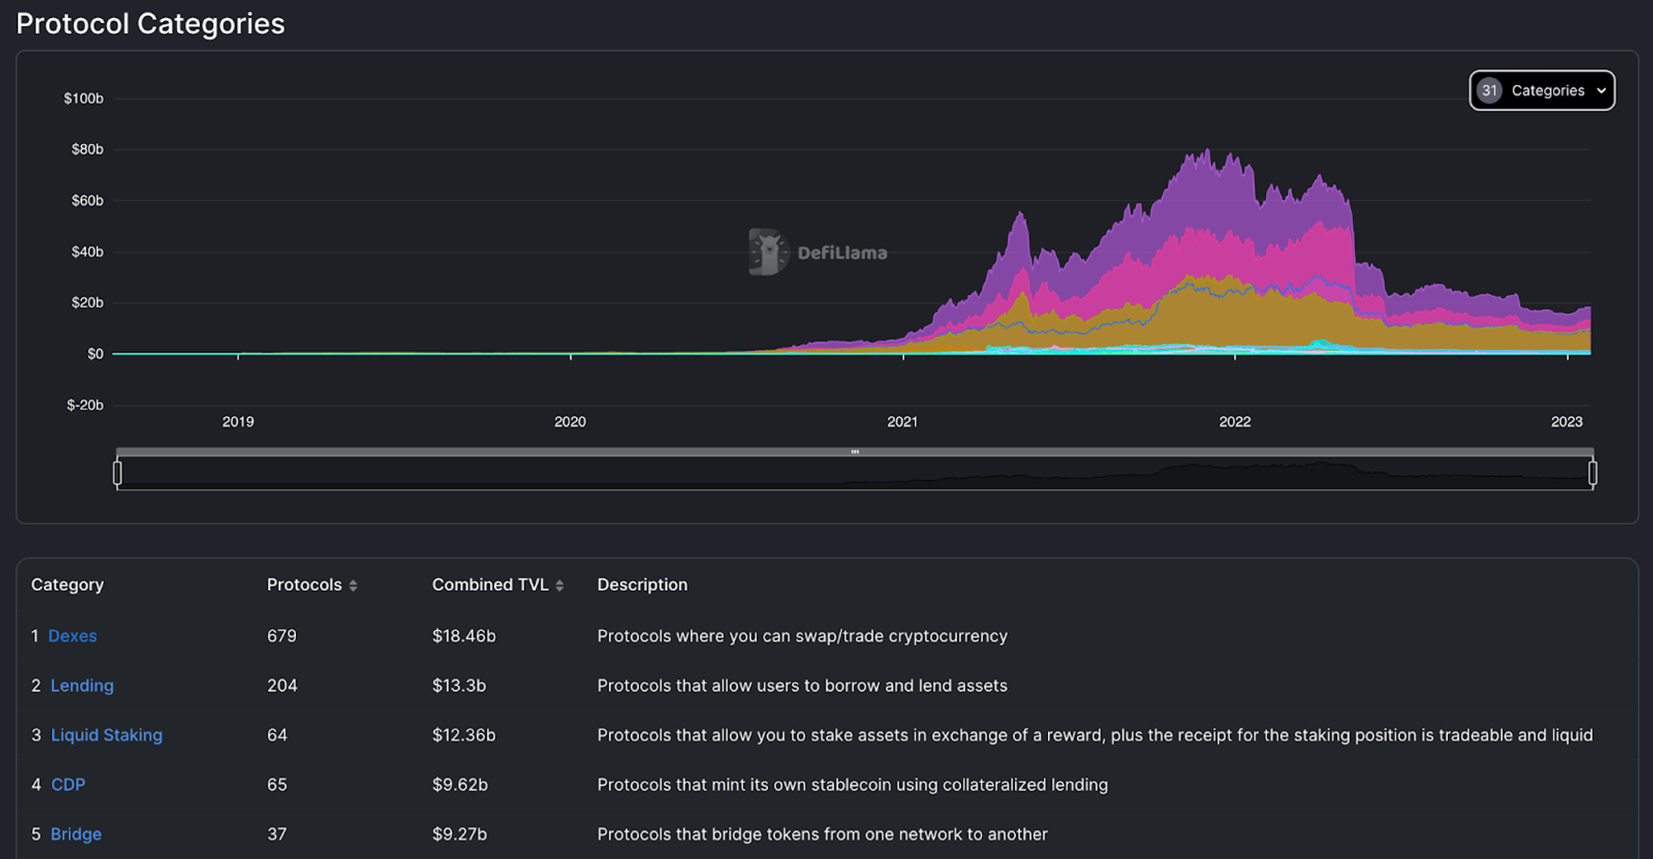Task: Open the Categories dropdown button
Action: [1541, 90]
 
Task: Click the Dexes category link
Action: [73, 636]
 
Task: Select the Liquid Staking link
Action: [107, 735]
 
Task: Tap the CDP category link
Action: [68, 785]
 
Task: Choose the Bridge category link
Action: [76, 834]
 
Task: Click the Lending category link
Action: [82, 685]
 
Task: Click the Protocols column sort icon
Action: [353, 585]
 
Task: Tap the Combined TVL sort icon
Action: [560, 585]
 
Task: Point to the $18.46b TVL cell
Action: [464, 636]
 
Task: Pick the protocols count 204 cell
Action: [282, 685]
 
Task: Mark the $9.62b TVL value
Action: [460, 785]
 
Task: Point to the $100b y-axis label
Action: [83, 98]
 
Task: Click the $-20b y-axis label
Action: [85, 405]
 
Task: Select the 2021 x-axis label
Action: [902, 422]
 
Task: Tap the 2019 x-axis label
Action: [238, 422]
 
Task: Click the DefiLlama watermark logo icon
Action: [768, 252]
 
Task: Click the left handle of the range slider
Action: [117, 473]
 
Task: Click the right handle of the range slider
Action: [1593, 473]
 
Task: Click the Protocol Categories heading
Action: [150, 23]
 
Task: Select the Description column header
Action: [642, 585]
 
